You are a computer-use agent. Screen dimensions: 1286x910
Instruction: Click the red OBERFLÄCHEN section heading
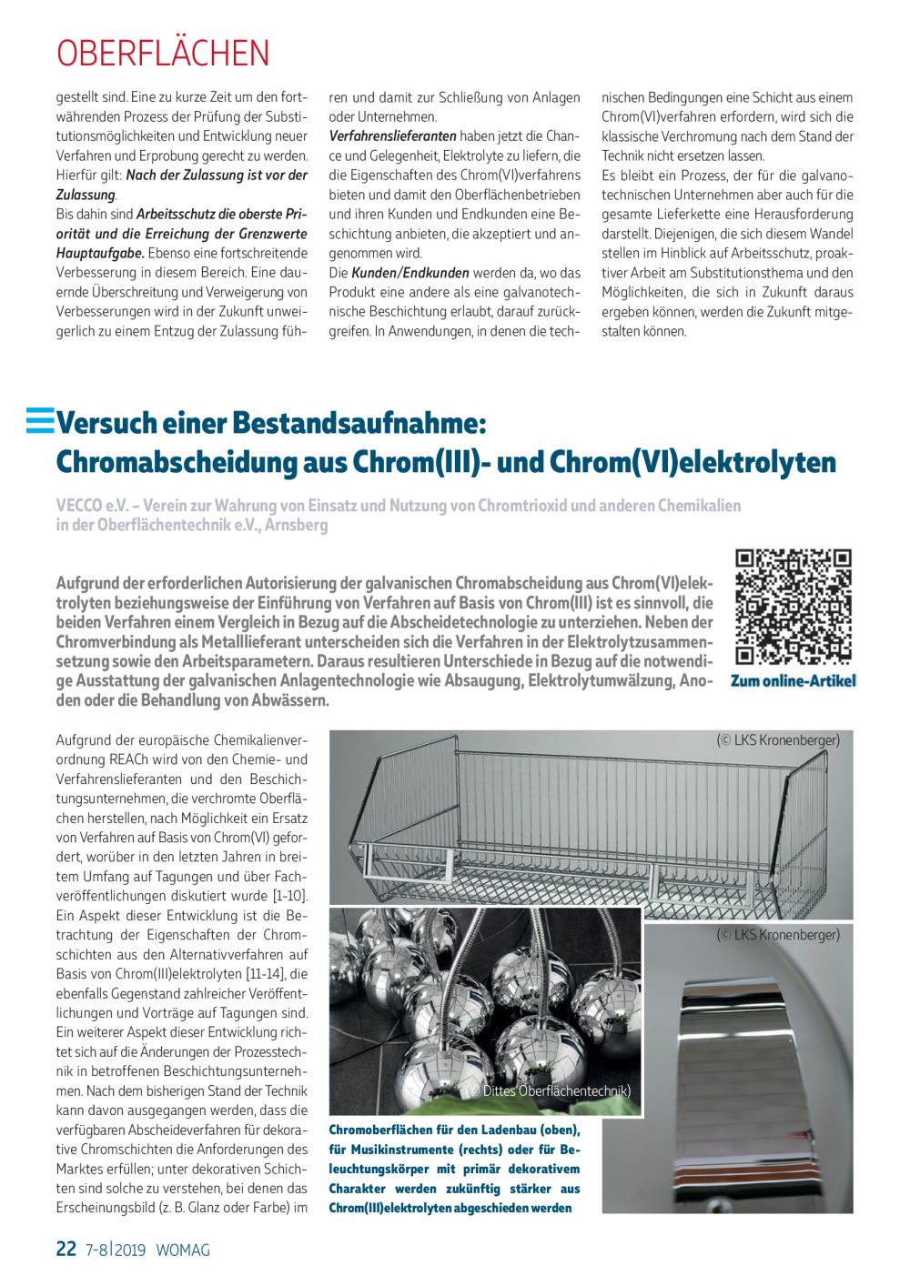click(163, 54)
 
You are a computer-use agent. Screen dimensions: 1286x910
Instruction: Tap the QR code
click(793, 607)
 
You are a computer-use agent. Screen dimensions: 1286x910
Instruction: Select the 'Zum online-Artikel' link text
click(793, 681)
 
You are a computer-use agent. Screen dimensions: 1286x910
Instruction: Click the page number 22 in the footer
click(66, 1249)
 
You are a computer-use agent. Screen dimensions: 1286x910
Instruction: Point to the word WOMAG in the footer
click(183, 1250)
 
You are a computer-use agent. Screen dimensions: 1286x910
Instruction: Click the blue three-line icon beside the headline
click(40, 420)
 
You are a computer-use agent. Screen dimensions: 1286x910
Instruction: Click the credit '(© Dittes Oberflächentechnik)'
click(550, 1090)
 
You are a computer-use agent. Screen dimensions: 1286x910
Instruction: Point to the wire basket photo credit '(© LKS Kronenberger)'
click(778, 739)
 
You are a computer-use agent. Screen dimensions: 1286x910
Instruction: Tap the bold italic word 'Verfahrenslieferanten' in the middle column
click(392, 136)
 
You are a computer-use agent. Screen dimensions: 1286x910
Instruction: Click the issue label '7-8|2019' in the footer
click(116, 1250)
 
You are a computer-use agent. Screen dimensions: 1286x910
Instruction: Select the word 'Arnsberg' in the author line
click(297, 525)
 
